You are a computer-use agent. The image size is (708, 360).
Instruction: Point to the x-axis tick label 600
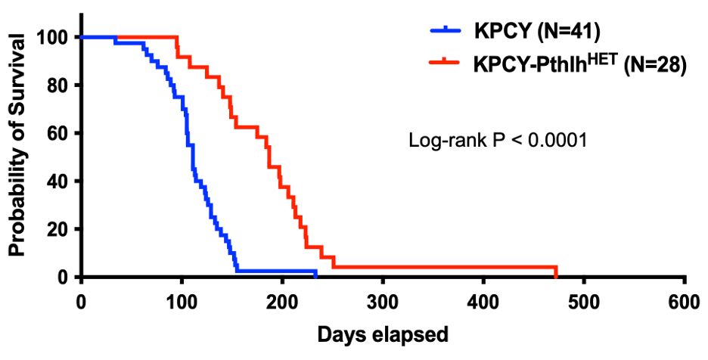click(x=684, y=299)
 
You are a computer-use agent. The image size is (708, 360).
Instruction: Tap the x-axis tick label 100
click(x=181, y=299)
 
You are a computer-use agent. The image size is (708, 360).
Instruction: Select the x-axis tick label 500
click(x=583, y=299)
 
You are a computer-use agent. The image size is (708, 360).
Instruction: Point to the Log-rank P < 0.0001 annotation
click(x=498, y=141)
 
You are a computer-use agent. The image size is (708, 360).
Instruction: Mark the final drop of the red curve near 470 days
click(x=556, y=272)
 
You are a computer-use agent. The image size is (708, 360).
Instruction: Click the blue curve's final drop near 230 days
click(x=315, y=274)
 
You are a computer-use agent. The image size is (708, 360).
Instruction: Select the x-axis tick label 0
click(x=80, y=299)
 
